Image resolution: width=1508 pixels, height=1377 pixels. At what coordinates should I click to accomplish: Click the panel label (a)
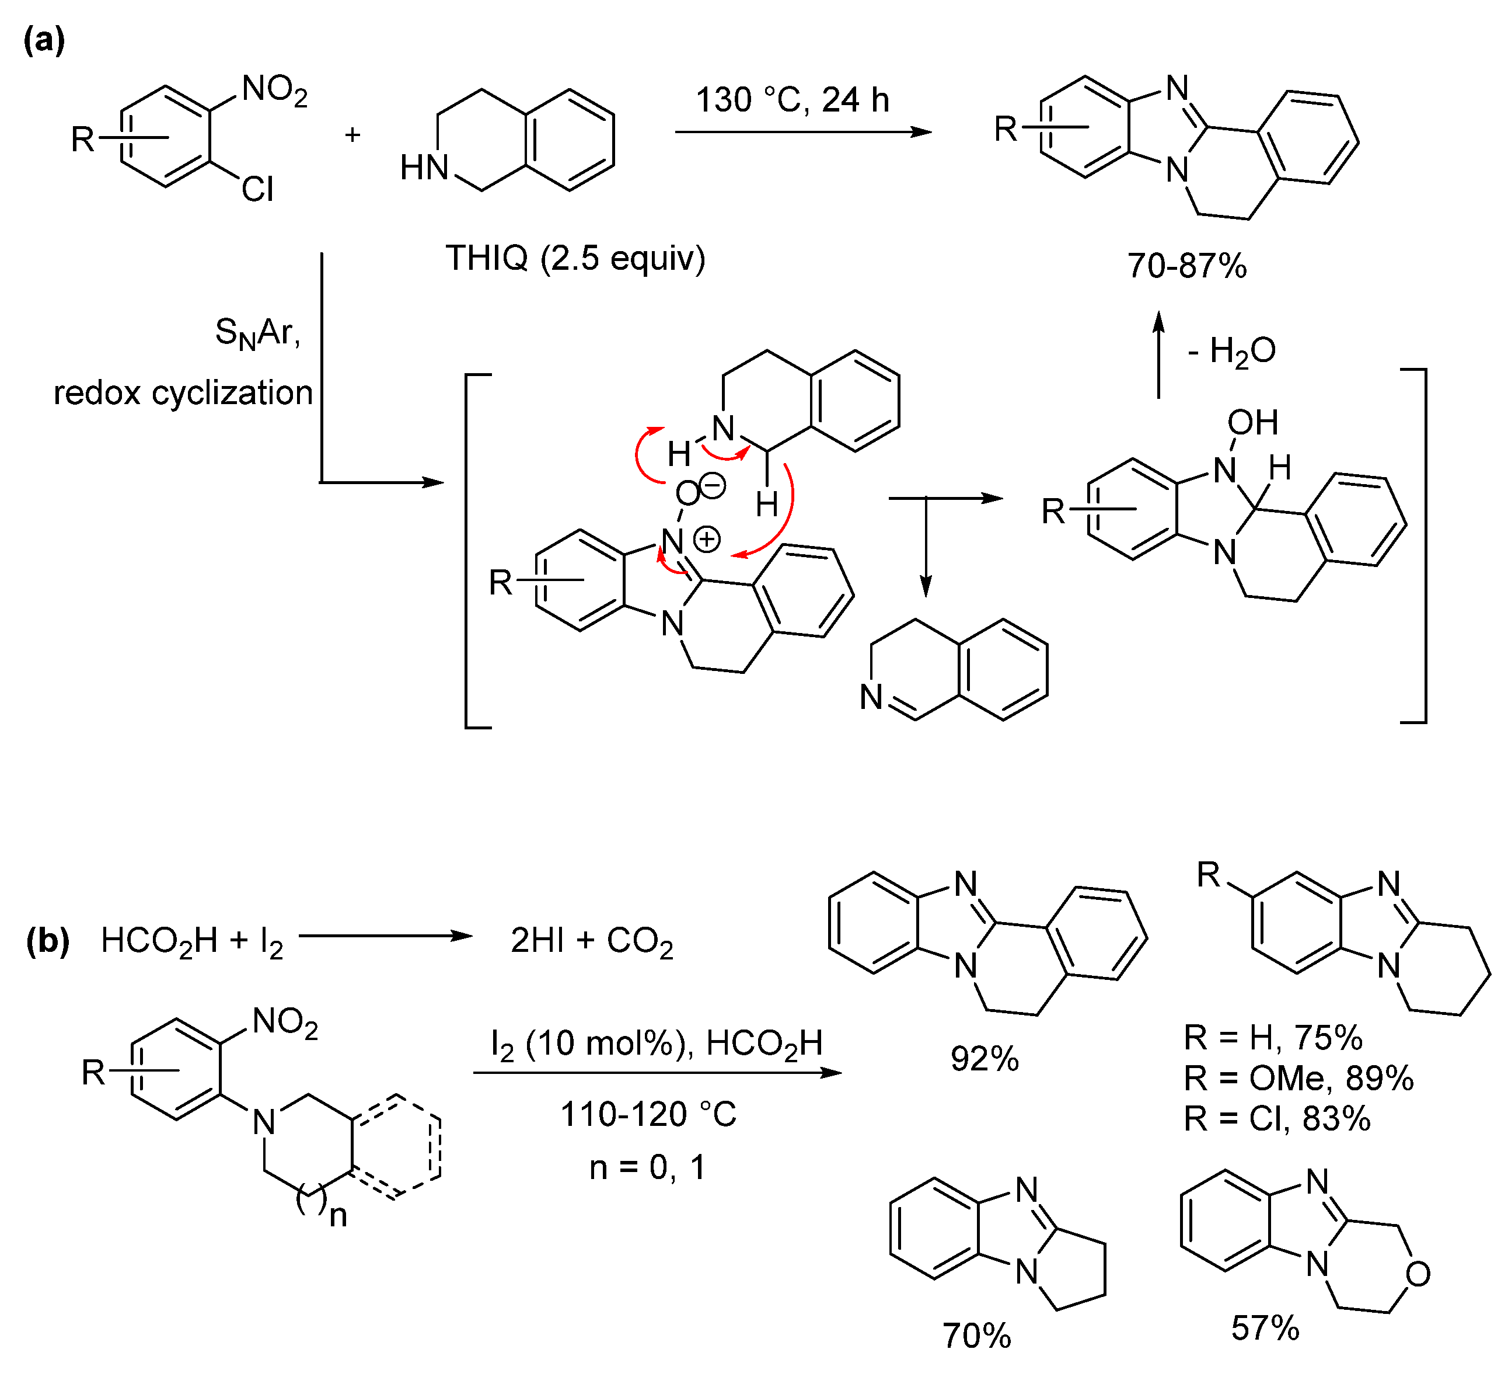(x=43, y=40)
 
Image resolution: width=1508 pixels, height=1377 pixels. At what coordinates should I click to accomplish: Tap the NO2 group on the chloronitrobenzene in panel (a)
(x=274, y=91)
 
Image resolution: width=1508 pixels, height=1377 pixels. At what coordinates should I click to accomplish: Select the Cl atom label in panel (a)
(x=257, y=189)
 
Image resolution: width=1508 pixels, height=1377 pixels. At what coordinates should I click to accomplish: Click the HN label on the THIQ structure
(x=423, y=168)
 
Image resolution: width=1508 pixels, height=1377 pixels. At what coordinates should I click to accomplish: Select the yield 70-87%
(x=1186, y=266)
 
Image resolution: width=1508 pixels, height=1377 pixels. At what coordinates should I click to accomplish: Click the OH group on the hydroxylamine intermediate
(x=1253, y=423)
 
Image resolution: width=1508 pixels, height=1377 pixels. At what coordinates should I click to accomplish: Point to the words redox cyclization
(x=183, y=393)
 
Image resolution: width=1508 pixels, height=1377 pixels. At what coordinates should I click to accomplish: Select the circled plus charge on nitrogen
(x=707, y=539)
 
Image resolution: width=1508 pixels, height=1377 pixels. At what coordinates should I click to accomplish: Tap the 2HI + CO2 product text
(x=592, y=941)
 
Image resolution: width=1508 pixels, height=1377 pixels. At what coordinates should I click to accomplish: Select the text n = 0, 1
(x=647, y=1167)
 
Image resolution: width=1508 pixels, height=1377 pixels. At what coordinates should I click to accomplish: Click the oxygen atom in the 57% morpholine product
(x=1418, y=1274)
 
